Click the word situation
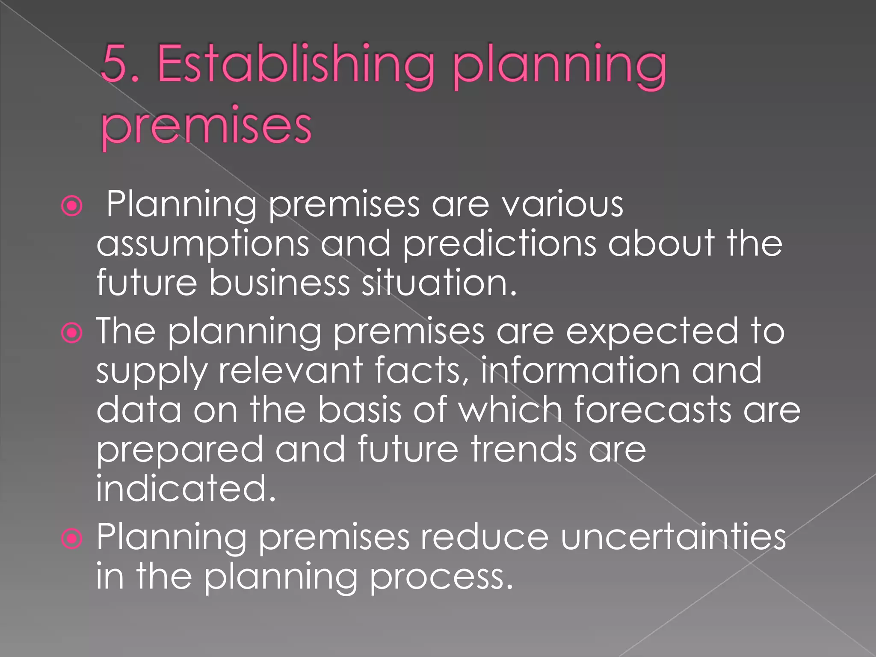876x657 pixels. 439,283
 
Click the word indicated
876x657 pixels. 186,488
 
